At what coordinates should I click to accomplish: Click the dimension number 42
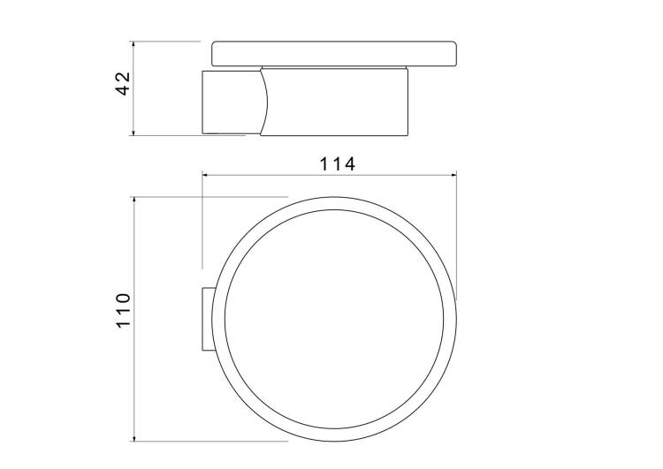(124, 84)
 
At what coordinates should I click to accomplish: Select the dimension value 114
(337, 164)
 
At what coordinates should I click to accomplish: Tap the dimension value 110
(124, 310)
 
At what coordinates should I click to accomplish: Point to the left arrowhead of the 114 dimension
(205, 175)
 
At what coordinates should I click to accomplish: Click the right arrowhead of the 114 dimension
(453, 175)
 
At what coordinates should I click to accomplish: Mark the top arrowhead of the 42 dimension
(133, 44)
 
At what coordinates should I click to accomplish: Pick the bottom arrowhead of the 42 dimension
(133, 132)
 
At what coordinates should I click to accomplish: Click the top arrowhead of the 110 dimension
(134, 200)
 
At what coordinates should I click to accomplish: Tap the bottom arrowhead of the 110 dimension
(134, 438)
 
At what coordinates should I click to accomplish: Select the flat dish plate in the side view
(334, 54)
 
